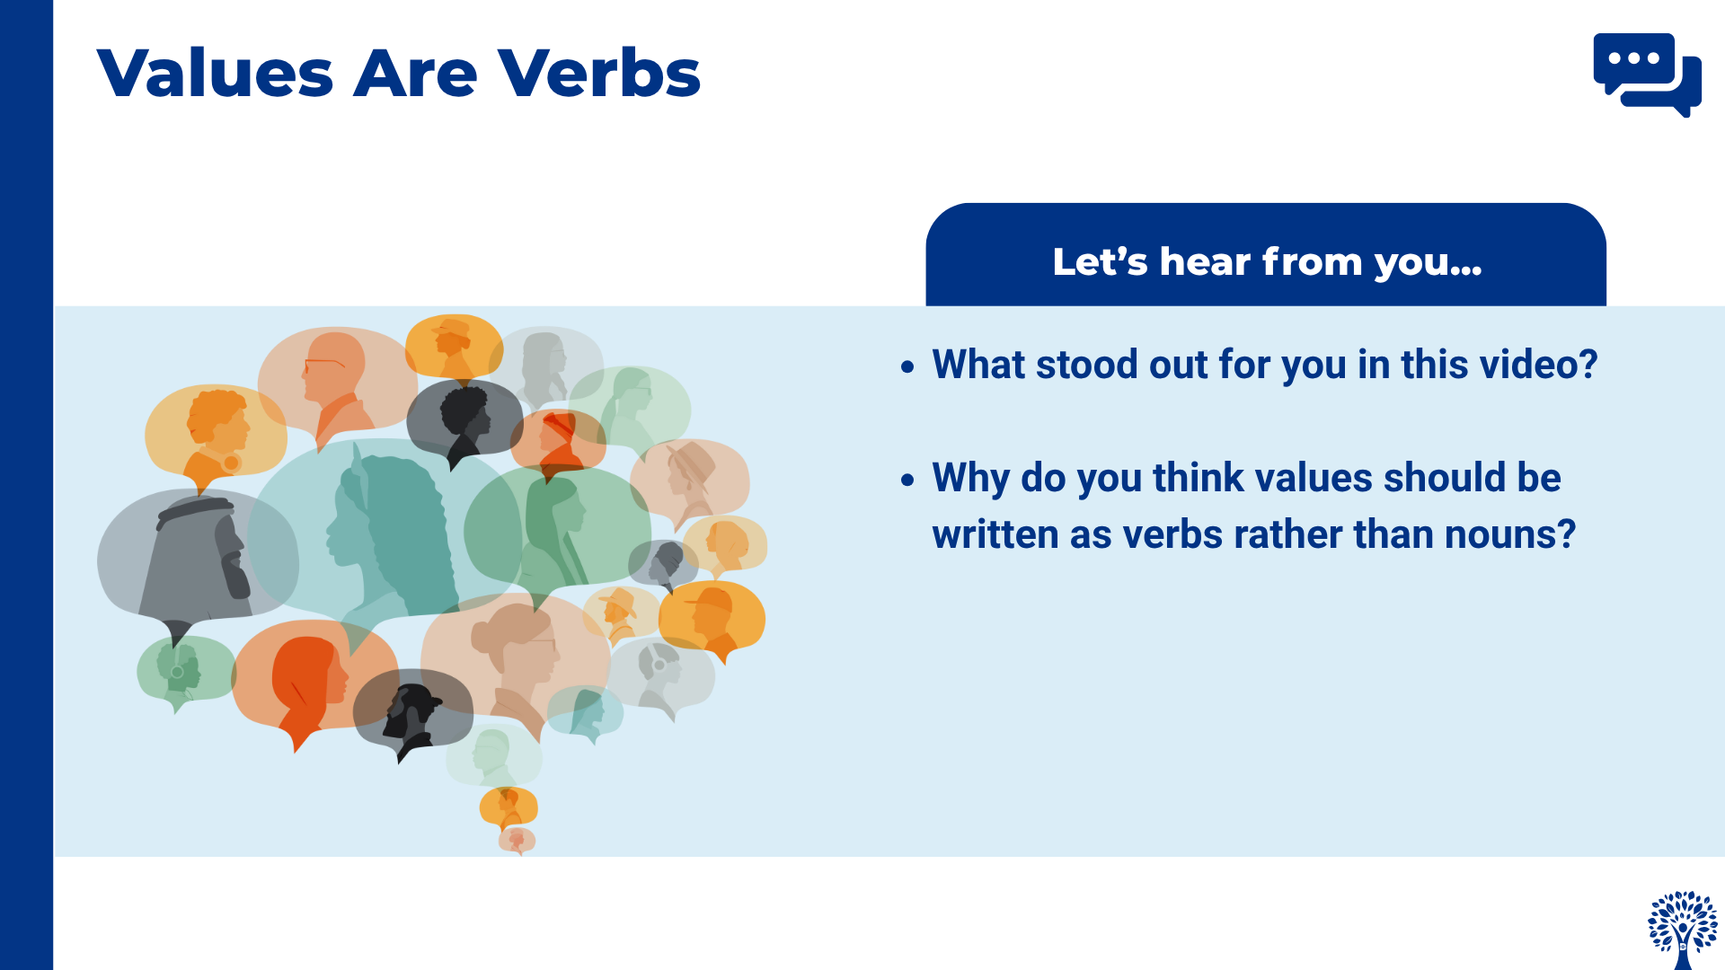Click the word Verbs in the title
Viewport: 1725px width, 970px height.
(599, 73)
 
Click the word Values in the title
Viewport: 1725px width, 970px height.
(216, 73)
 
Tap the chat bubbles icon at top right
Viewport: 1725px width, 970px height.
(1647, 75)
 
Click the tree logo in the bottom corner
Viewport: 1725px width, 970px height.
(1683, 930)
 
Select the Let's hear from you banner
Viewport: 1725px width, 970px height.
(1266, 255)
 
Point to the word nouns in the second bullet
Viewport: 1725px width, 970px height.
(1499, 535)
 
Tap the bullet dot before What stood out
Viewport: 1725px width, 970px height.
(907, 366)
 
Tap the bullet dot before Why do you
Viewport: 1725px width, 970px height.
(907, 480)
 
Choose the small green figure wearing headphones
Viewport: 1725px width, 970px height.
(180, 668)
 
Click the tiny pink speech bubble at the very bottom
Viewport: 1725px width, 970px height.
(517, 841)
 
